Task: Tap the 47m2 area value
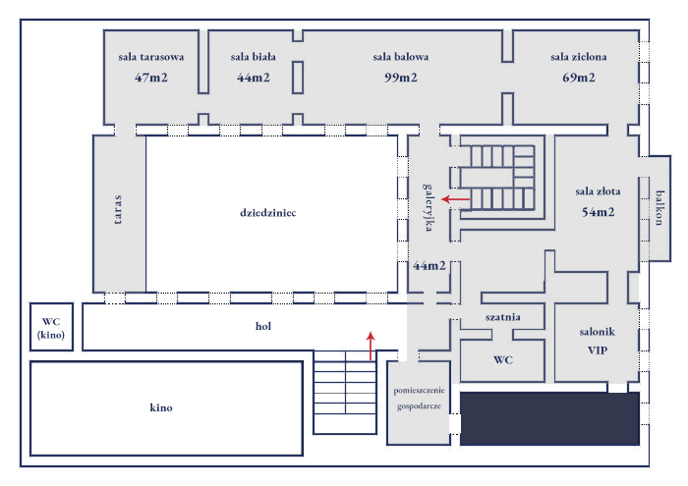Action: point(153,78)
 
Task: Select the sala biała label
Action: point(253,57)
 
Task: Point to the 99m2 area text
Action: point(400,78)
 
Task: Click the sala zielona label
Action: point(578,57)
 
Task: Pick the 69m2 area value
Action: point(579,78)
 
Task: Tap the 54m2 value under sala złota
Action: point(598,212)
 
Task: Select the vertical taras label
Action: point(118,209)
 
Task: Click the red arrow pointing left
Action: point(455,199)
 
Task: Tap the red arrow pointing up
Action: point(371,347)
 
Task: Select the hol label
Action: point(262,327)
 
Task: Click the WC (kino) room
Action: point(52,328)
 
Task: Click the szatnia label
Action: point(502,317)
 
